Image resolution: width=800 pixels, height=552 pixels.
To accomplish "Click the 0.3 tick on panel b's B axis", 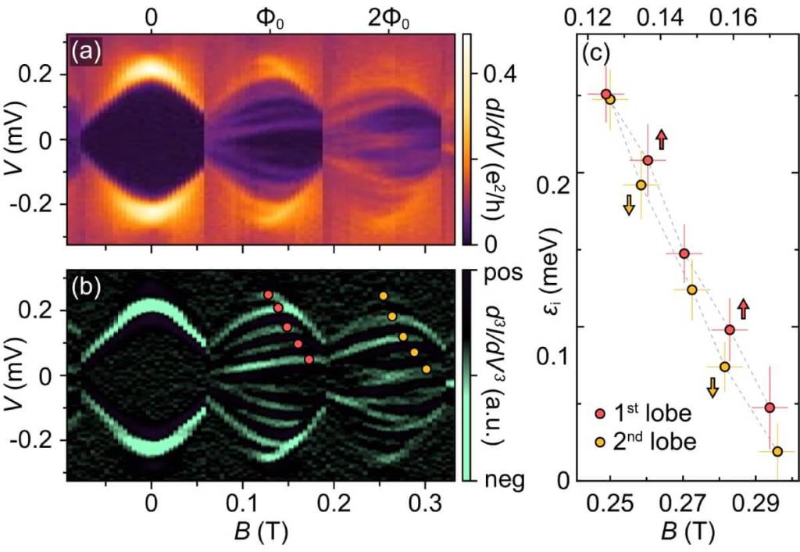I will click(x=425, y=500).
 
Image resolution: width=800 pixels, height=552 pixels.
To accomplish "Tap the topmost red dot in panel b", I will click(x=268, y=295).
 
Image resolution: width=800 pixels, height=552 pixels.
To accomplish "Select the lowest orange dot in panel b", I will click(x=426, y=369).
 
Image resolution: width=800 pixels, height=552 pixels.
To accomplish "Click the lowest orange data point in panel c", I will click(x=777, y=451).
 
